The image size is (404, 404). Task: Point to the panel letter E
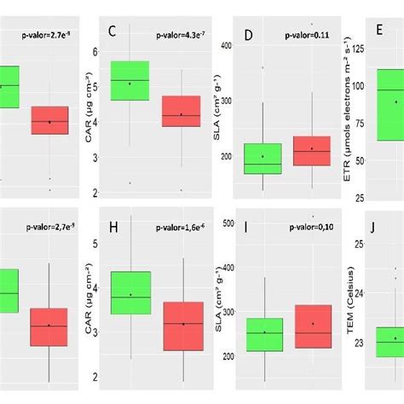point(379,31)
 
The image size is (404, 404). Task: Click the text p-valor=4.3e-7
point(180,36)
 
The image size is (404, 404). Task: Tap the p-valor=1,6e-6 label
point(180,228)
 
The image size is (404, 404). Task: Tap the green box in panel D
point(263,159)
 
